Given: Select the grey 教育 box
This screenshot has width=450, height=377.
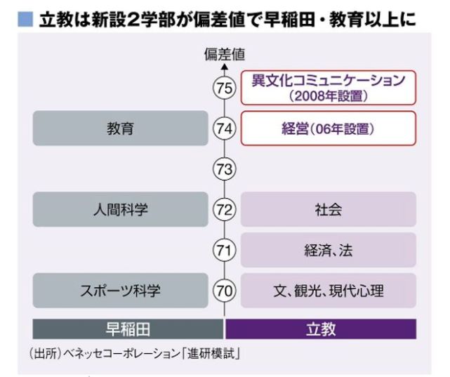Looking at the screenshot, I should pos(120,128).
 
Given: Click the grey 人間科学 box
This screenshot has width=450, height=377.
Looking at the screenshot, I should pos(120,209).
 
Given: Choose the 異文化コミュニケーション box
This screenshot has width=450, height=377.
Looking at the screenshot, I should pos(328,88).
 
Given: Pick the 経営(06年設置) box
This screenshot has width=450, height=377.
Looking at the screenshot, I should pos(328,128).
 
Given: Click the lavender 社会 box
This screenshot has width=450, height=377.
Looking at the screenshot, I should pos(328,209).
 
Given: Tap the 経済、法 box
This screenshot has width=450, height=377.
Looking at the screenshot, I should pos(328,249).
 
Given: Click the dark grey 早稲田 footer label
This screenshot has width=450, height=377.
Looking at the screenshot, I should pos(128,329).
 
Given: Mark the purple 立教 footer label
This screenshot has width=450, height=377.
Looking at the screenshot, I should pos(321,329).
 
